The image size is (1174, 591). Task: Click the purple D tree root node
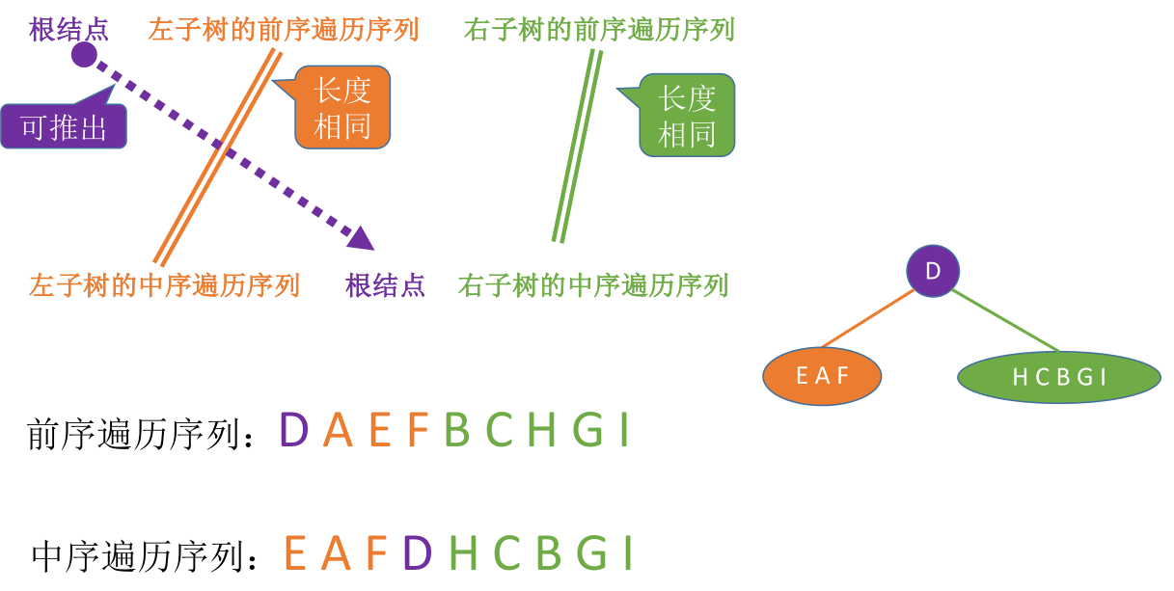[x=933, y=271]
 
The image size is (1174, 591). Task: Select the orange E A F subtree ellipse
[x=822, y=375]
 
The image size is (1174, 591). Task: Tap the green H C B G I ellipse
[x=1058, y=377]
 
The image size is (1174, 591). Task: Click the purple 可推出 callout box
[x=64, y=126]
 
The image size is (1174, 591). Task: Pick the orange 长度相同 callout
[x=342, y=107]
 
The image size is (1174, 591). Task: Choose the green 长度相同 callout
[x=687, y=115]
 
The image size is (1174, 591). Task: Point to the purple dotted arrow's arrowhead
[x=363, y=237]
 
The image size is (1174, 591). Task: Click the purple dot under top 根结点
[x=84, y=55]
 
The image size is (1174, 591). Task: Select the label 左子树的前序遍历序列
[x=284, y=29]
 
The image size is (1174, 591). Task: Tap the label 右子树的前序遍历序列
[x=599, y=29]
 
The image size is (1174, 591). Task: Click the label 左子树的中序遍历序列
[x=165, y=285]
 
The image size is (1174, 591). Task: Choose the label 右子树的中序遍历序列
[x=593, y=285]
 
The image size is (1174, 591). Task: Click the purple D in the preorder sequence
[x=293, y=431]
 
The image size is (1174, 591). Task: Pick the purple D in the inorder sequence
[x=417, y=553]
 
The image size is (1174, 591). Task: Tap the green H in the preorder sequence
[x=542, y=431]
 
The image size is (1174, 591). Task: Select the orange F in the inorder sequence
[x=375, y=553]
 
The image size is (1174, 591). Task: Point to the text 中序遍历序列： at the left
[x=145, y=556]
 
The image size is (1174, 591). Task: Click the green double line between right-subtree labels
[x=577, y=145]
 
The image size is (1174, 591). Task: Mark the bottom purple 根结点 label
[x=386, y=285]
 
